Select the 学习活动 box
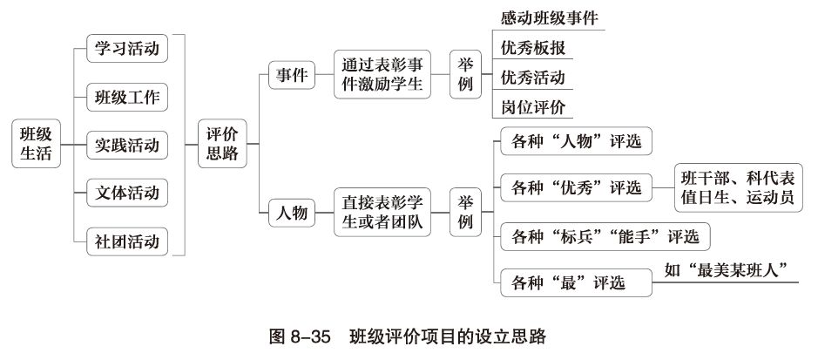[x=127, y=48]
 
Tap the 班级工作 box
[x=127, y=96]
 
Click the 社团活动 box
[x=127, y=240]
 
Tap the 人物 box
[x=292, y=213]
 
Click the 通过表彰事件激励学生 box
[x=382, y=75]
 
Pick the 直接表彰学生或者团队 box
[x=382, y=213]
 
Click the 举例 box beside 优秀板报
[x=465, y=75]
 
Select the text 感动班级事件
[x=550, y=17]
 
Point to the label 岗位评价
[x=533, y=107]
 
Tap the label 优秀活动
[x=533, y=77]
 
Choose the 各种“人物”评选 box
[x=576, y=141]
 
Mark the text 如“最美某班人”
[x=732, y=271]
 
